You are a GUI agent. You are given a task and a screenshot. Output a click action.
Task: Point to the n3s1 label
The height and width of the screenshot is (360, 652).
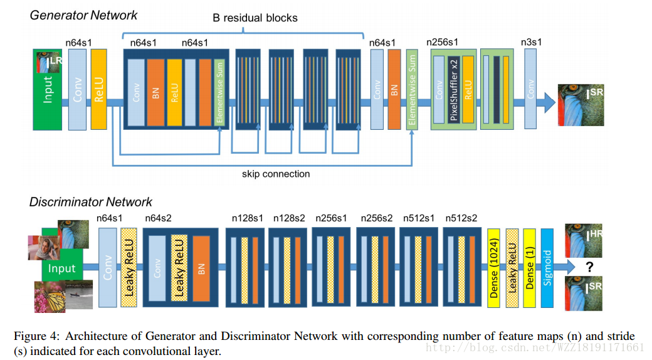[x=531, y=43]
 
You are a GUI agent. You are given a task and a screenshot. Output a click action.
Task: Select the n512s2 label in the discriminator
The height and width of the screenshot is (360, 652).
[x=461, y=218]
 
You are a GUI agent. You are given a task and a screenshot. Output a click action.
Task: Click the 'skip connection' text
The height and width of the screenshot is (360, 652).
[x=276, y=174]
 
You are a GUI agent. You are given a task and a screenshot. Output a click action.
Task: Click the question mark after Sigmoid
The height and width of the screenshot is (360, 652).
[x=589, y=267]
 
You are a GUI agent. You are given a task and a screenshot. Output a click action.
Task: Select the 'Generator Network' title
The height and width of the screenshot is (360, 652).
[x=84, y=14]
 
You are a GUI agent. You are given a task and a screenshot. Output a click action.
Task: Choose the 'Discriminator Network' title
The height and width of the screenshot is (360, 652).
[x=91, y=202]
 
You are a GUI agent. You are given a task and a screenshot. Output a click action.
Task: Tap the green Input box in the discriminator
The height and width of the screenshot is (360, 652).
[x=61, y=268]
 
